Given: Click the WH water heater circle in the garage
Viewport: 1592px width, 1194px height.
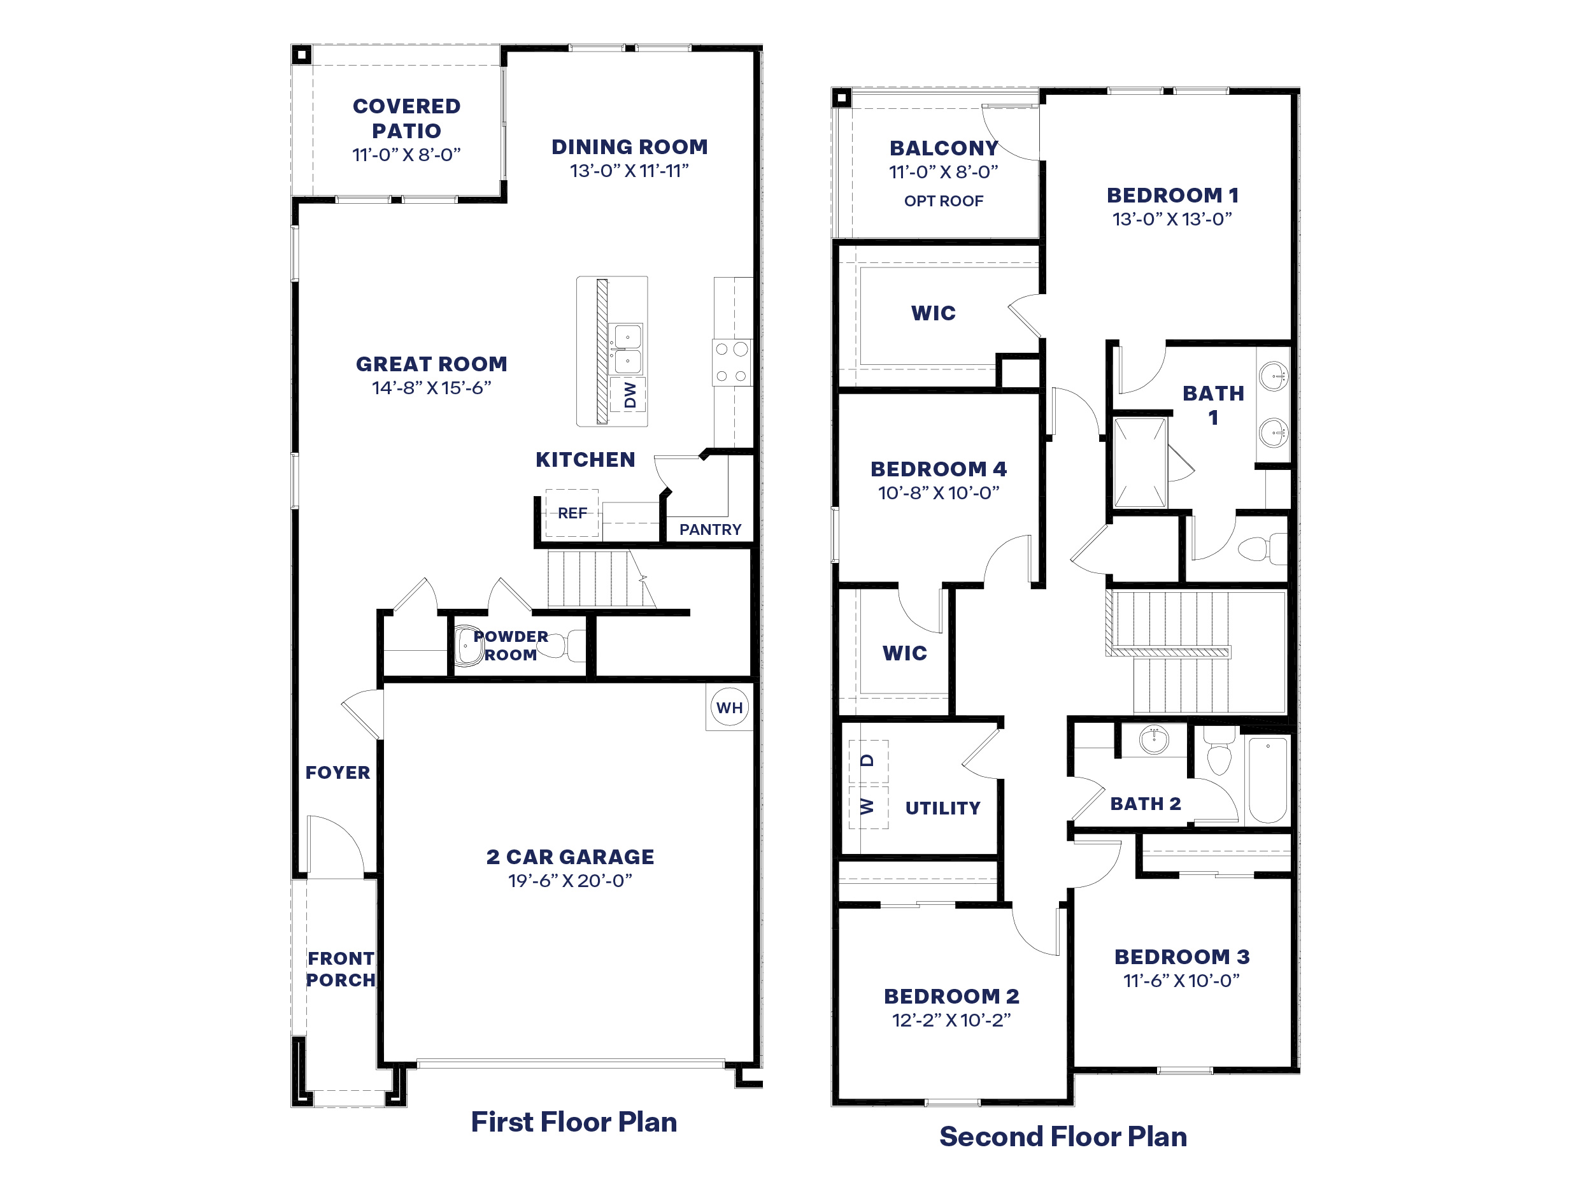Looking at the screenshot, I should (729, 707).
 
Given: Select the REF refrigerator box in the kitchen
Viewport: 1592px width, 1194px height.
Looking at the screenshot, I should (572, 513).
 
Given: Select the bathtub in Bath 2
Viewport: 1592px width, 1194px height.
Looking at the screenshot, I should (1267, 780).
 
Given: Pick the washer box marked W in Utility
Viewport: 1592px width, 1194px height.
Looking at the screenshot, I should (868, 807).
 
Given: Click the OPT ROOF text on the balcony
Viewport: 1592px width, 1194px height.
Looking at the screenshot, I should (943, 201).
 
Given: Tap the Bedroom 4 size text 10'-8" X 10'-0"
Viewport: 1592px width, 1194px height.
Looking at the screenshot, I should (939, 493).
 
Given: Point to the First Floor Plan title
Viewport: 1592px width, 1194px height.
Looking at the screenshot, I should (574, 1122).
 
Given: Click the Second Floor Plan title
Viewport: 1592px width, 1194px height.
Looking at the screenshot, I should (1063, 1137).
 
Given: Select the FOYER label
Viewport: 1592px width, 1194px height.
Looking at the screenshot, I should (338, 772).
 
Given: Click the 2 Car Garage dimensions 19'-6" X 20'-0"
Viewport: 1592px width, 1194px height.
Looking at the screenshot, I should (570, 881).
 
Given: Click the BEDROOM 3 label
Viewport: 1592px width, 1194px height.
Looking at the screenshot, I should (1182, 956).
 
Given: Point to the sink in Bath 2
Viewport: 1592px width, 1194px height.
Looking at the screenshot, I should (1154, 739).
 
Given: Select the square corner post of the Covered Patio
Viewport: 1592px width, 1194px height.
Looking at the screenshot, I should (302, 55).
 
